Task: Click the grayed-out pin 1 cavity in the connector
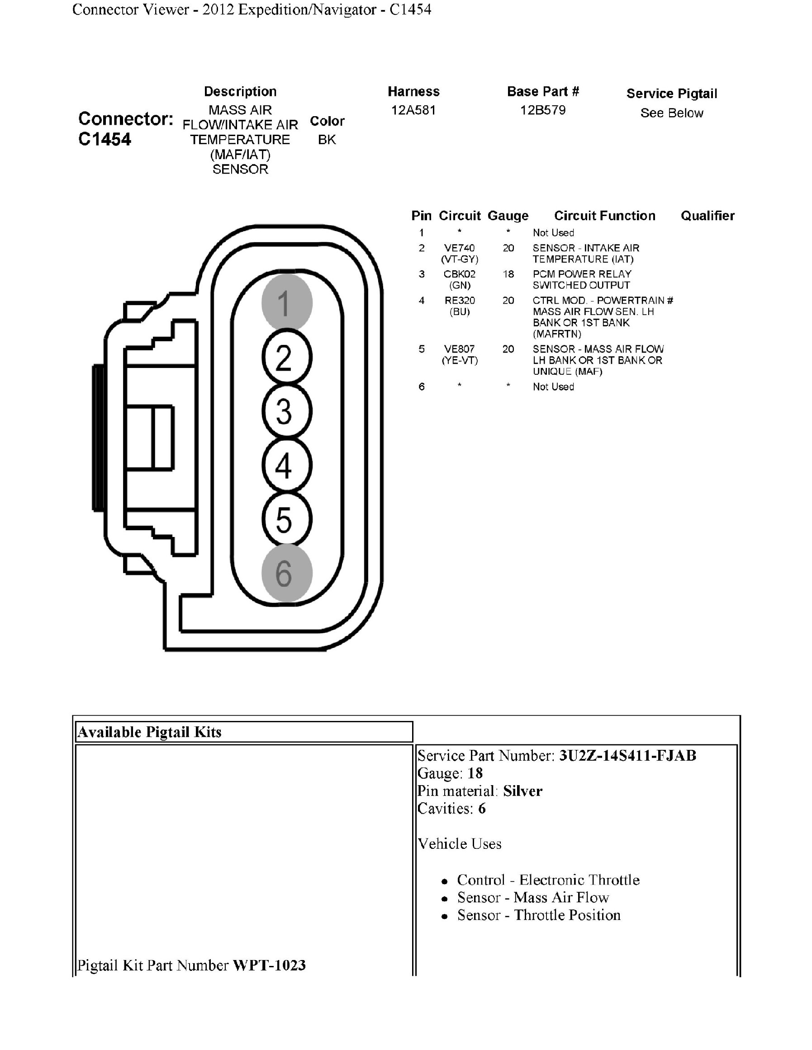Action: coord(287,303)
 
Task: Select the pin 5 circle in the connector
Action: coord(287,520)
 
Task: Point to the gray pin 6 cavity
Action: coord(287,573)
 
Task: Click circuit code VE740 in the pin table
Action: coord(460,248)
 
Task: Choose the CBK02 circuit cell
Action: coord(460,274)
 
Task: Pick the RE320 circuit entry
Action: coord(460,301)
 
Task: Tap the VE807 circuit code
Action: coord(460,349)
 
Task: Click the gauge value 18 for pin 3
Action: coord(508,274)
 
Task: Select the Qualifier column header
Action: coord(707,216)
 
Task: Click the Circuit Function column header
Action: coord(605,216)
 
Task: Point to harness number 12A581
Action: coord(413,110)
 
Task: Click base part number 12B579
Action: coord(543,110)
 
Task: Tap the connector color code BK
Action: coord(327,140)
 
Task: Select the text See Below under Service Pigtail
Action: coord(671,113)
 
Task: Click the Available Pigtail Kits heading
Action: coord(149,732)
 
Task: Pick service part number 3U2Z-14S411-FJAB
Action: coord(627,756)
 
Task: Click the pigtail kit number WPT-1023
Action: coord(269,965)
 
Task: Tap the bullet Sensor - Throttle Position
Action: coord(539,915)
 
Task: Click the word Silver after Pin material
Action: coord(522,791)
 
